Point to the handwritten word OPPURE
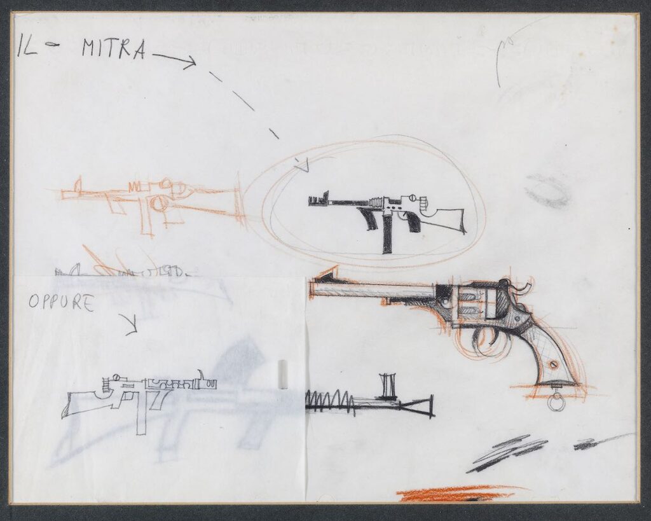(x=61, y=302)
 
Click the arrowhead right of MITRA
(x=189, y=62)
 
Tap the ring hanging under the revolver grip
(x=556, y=403)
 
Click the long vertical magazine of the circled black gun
(x=387, y=235)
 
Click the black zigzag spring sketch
(x=332, y=401)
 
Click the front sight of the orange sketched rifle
(x=78, y=186)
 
